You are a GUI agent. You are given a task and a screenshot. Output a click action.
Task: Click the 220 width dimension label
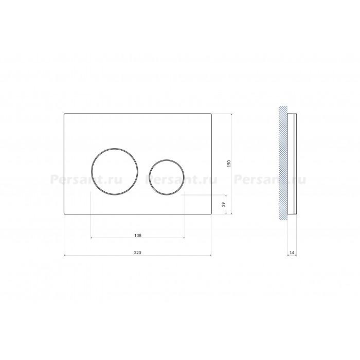[x=137, y=253]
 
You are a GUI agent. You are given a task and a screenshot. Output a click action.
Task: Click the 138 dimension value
[x=137, y=236]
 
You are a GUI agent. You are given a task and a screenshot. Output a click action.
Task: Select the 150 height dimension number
[x=229, y=164]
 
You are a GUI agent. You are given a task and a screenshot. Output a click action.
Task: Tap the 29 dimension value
[x=224, y=204]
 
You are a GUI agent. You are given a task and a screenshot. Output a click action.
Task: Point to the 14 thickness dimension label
[x=292, y=253]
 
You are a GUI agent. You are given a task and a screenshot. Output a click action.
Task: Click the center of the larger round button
[x=115, y=171]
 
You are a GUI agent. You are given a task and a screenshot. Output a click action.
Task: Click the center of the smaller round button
[x=167, y=177]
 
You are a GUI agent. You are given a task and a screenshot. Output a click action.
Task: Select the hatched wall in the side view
[x=283, y=163]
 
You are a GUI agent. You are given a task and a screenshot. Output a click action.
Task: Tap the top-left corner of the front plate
[x=64, y=114]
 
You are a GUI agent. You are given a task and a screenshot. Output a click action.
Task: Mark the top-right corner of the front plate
[x=211, y=114]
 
